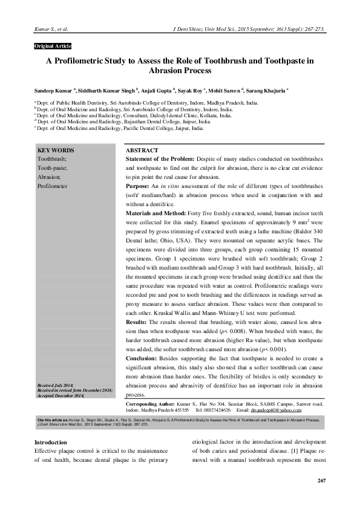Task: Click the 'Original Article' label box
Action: pos(53,46)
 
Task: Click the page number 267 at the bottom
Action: pos(321,480)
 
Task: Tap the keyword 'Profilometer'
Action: pos(55,187)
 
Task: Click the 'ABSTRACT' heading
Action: pos(142,150)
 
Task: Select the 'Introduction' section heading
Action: pos(51,442)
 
